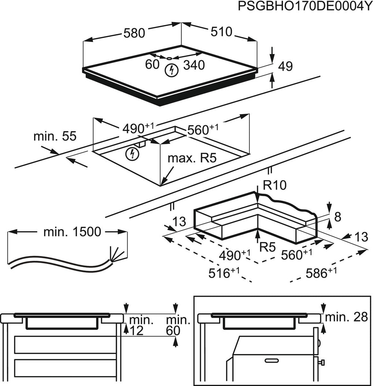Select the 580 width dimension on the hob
coord(134,33)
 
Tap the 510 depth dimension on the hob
coord(221,32)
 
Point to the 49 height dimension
coord(285,67)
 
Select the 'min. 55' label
coord(55,137)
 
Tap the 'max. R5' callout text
coord(192,159)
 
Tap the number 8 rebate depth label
coord(338,217)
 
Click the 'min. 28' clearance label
coord(346,317)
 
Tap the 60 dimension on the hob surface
coord(152,65)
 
